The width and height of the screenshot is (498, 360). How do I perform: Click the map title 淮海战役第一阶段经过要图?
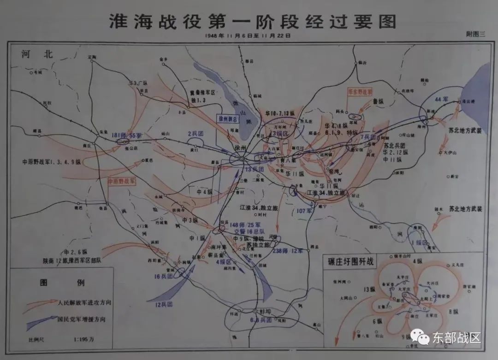click(252, 21)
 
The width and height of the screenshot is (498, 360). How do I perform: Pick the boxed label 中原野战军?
click(122, 181)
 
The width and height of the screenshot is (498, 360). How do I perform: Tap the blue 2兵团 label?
click(196, 134)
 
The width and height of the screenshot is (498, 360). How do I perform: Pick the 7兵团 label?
click(368, 137)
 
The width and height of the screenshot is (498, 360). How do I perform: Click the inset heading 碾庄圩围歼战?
click(350, 262)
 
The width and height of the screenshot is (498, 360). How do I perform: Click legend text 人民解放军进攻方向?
click(84, 303)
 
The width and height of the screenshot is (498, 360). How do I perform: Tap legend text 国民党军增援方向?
click(84, 319)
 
